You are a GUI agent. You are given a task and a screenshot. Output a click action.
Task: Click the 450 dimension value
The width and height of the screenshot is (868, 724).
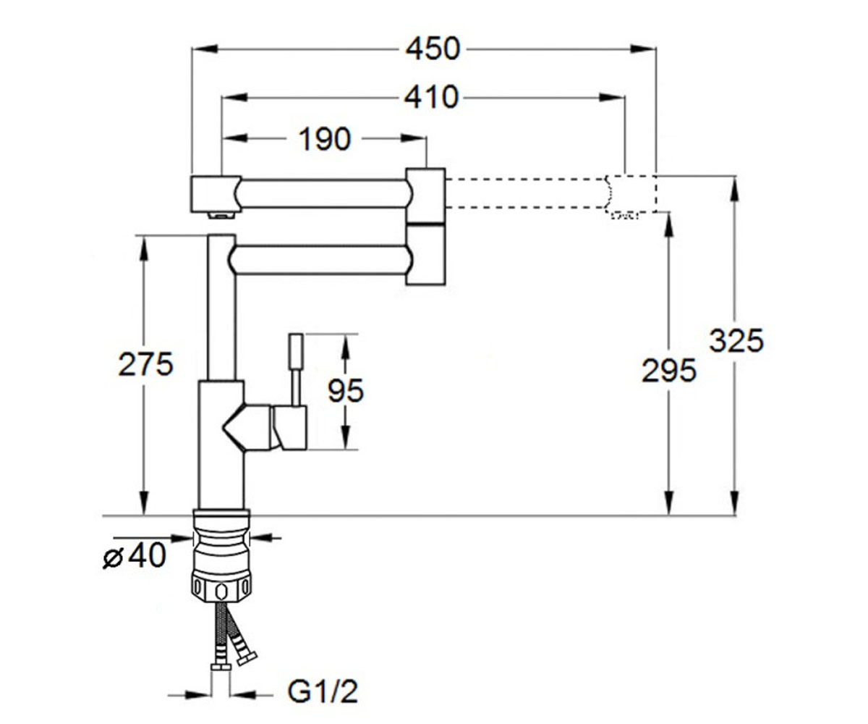(433, 49)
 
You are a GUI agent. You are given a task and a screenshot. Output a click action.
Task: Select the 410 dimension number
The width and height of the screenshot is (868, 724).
(432, 97)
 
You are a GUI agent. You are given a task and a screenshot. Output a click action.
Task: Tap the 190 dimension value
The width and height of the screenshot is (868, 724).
(325, 139)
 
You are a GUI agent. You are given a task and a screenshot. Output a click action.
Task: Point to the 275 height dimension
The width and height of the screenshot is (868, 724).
(145, 364)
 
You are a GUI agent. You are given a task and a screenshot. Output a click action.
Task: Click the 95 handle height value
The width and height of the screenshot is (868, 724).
(346, 390)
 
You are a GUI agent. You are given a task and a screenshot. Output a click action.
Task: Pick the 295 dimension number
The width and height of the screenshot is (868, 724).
(668, 370)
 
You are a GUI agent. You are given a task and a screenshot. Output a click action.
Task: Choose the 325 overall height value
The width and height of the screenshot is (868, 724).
(736, 340)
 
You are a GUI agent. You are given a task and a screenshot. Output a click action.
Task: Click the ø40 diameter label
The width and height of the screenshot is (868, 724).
(135, 555)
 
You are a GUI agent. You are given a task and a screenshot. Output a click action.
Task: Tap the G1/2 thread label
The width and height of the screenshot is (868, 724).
(323, 691)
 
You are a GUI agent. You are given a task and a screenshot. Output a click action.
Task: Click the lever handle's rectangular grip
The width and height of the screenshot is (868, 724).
(296, 350)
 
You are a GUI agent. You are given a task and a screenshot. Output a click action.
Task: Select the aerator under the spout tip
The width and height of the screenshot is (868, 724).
(221, 215)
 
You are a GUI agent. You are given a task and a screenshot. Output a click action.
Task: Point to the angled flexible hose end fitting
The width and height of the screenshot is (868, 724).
(246, 659)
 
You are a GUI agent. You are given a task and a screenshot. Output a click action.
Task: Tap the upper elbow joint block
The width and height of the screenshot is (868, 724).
(426, 195)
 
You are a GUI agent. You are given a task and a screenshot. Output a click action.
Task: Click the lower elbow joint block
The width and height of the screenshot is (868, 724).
(426, 254)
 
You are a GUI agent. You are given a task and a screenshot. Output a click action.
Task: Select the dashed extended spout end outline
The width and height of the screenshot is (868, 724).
(631, 194)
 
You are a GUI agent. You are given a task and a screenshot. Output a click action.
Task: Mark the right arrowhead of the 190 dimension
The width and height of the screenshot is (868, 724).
(414, 138)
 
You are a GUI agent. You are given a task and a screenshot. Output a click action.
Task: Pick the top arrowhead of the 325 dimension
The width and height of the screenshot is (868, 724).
(735, 189)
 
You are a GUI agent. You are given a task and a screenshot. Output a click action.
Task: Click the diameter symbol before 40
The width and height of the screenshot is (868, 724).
(113, 557)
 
